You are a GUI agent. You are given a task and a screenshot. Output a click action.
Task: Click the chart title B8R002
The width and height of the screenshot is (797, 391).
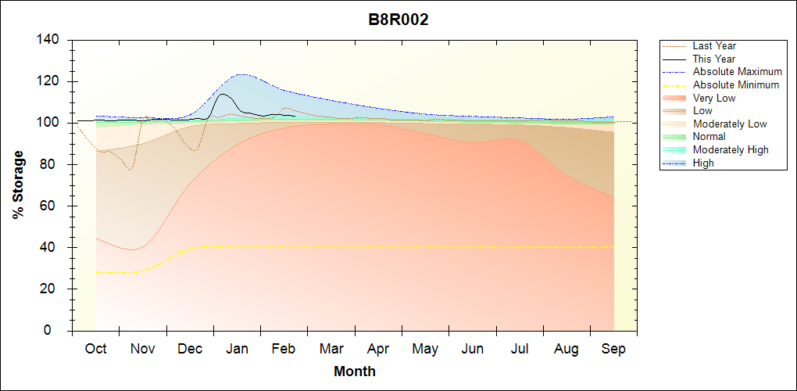point(398,20)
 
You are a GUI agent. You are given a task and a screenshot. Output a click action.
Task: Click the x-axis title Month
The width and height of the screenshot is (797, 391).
point(355,371)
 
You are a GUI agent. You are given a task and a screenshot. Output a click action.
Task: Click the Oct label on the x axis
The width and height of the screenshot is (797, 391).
point(95,349)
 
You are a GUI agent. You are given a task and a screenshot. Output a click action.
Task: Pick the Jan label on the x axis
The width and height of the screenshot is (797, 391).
point(237,349)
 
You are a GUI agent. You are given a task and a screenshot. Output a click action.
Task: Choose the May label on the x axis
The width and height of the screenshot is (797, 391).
point(425,349)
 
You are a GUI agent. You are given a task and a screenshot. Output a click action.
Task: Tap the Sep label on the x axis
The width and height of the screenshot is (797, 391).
point(613,349)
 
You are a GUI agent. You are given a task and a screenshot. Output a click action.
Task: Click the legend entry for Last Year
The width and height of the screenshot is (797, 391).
point(714,46)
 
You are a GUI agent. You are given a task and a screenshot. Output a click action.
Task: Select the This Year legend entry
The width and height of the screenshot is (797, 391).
point(714,59)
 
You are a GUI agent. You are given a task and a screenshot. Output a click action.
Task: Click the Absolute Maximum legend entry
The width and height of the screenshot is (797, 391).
point(737,72)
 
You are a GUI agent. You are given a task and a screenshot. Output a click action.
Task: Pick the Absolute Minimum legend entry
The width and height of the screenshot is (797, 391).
point(736,85)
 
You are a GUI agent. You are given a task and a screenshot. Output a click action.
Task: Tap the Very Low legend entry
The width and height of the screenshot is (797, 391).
point(714,99)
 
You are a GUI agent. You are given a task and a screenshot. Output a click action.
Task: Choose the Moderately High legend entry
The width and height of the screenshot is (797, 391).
point(731,150)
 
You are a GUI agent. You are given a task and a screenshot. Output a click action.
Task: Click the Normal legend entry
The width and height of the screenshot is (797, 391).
point(709,137)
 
